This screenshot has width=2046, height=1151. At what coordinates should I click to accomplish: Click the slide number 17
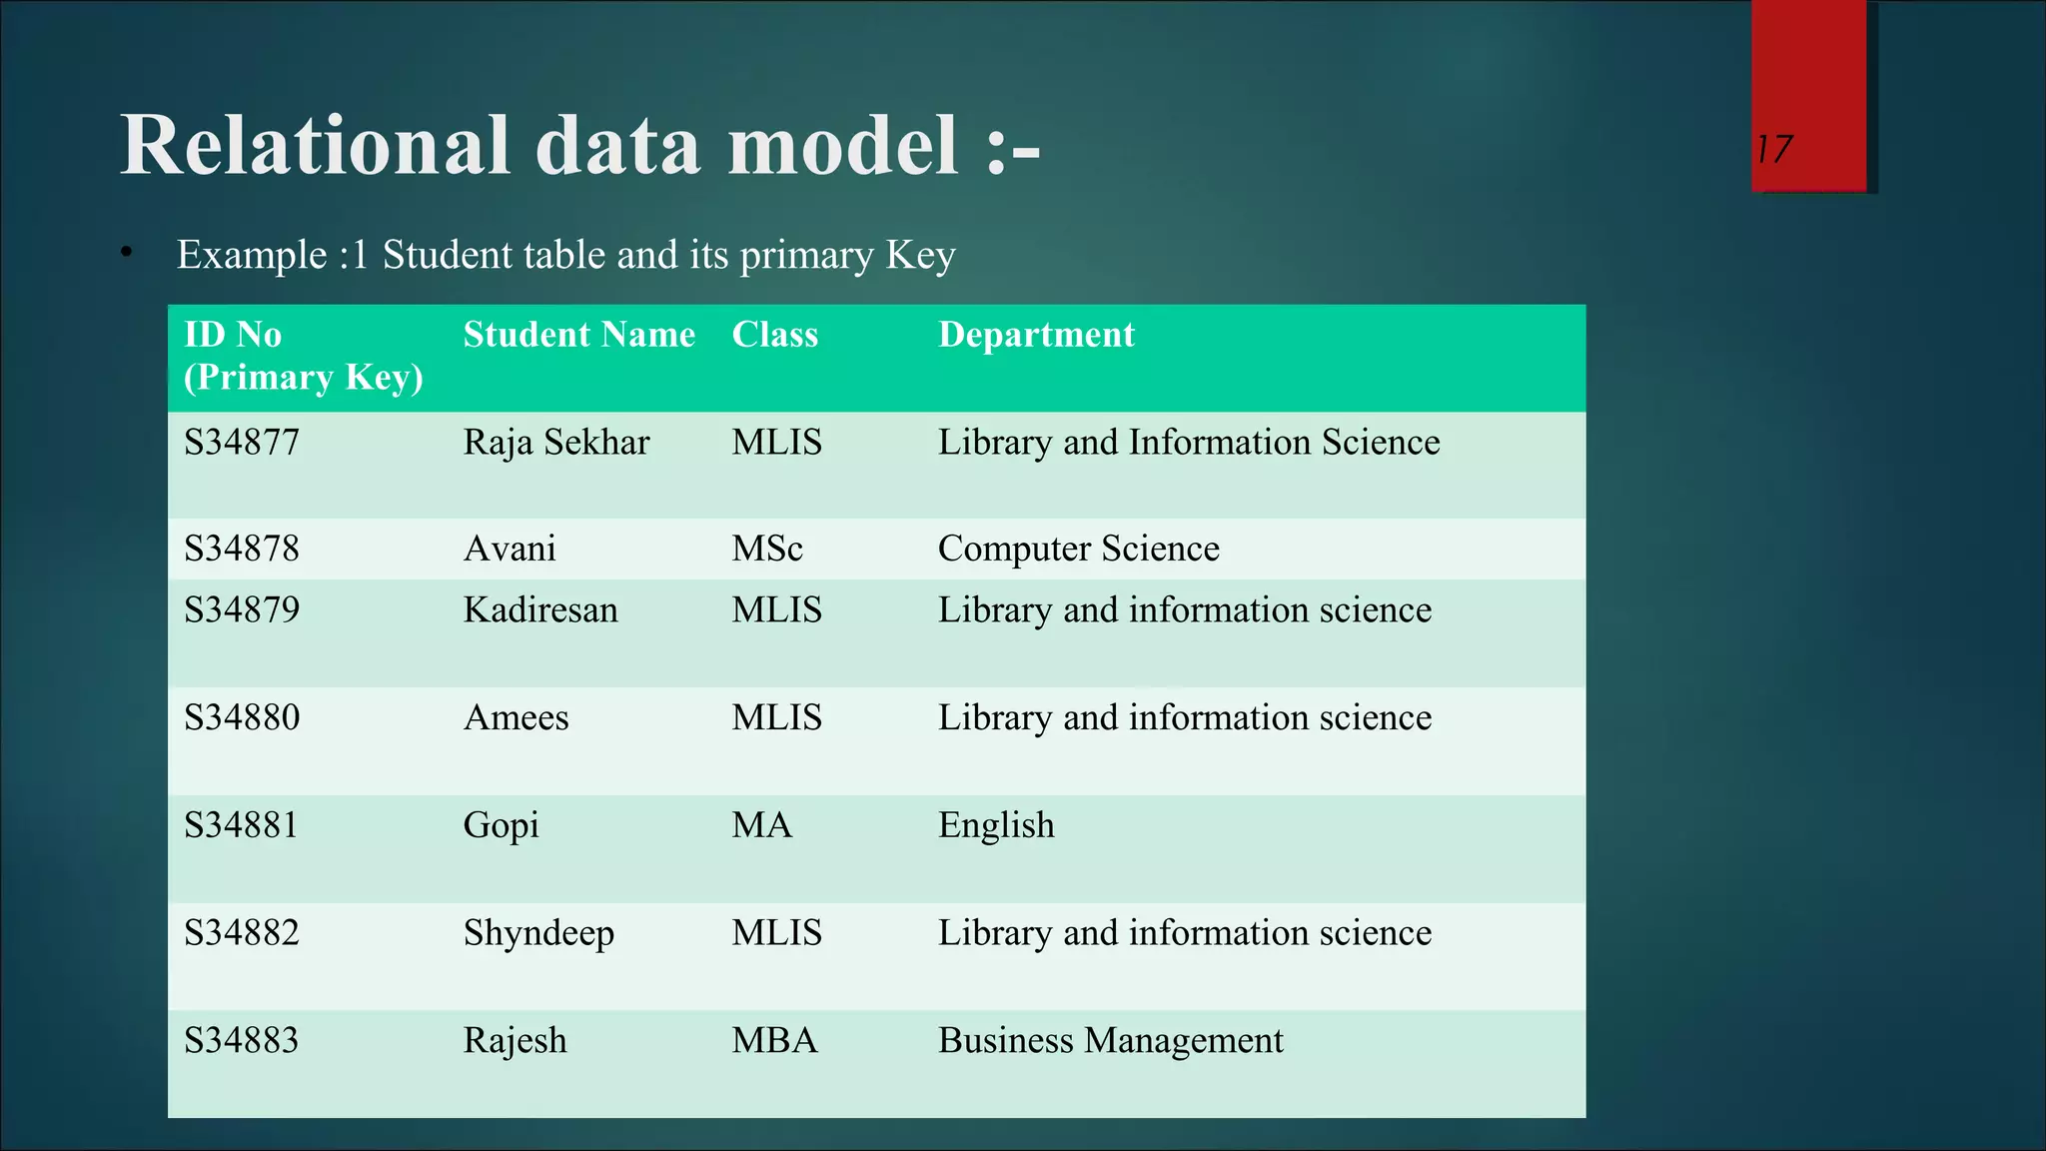point(1775,150)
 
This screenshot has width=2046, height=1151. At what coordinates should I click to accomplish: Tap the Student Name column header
point(578,335)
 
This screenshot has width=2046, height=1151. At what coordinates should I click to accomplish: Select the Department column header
point(1036,335)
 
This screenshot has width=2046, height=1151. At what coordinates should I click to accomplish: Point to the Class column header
point(774,335)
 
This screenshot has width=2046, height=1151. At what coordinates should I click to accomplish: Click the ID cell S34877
point(242,443)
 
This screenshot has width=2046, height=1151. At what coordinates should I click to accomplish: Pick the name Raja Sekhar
point(556,443)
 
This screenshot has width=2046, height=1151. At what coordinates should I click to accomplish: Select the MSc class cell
point(766,549)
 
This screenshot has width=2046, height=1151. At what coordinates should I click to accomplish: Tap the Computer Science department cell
point(1078,549)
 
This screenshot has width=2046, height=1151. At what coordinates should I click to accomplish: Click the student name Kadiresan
point(540,610)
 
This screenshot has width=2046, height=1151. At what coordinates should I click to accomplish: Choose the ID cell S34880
point(242,717)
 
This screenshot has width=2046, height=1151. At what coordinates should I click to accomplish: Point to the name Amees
point(515,717)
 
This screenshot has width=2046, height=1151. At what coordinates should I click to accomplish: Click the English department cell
point(996,825)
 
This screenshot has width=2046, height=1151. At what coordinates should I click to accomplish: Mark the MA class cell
point(761,825)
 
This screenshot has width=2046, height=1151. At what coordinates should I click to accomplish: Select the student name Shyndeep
point(538,933)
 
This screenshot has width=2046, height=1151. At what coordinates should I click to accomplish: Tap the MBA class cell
point(774,1041)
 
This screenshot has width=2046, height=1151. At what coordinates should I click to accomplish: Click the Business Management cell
point(1110,1041)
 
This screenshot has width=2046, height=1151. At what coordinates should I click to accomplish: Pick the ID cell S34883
point(242,1041)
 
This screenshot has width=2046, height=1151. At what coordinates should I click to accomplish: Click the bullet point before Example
point(126,254)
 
